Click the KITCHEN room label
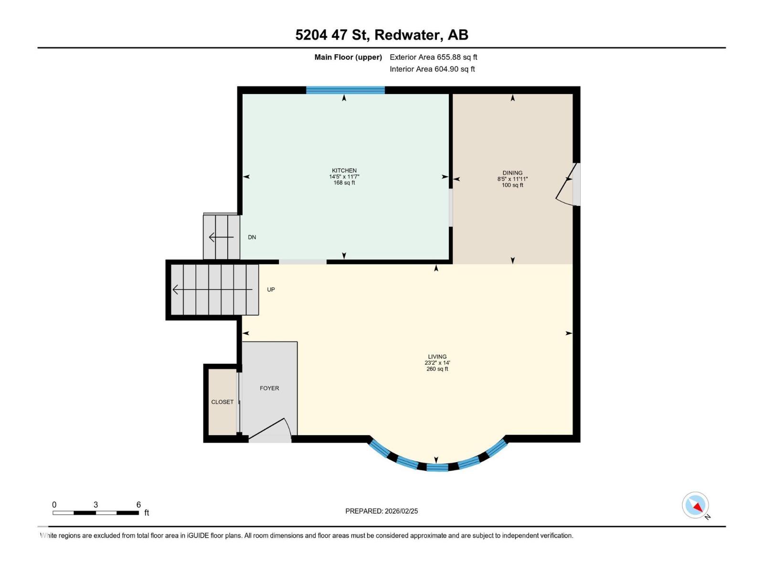[x=344, y=170]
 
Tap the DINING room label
[x=512, y=173]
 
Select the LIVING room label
[x=437, y=357]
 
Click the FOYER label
[x=269, y=388]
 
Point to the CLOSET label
[x=223, y=402]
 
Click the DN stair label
[x=252, y=237]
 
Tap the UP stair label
[x=271, y=290]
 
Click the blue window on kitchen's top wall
[x=345, y=90]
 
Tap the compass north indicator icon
[x=696, y=505]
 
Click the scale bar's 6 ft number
[x=138, y=505]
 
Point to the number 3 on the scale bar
[x=96, y=505]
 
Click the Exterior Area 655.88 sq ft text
[x=433, y=57]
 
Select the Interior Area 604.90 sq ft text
[x=432, y=69]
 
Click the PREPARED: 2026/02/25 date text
[x=382, y=511]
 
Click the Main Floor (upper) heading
[x=348, y=57]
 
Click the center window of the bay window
[x=437, y=467]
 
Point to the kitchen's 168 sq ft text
[x=344, y=183]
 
